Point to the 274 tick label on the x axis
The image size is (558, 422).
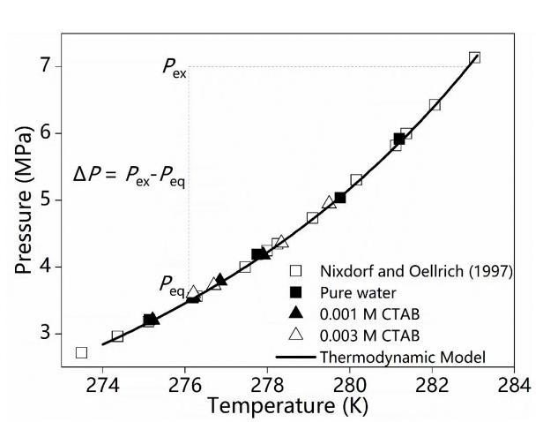102,385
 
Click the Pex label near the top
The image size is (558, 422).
174,68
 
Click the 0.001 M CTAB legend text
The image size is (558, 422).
381,313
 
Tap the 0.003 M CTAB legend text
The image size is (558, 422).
381,335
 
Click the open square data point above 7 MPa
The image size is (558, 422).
474,57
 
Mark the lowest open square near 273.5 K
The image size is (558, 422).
81,352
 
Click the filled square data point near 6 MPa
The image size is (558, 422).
399,139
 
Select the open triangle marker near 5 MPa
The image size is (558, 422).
329,202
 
